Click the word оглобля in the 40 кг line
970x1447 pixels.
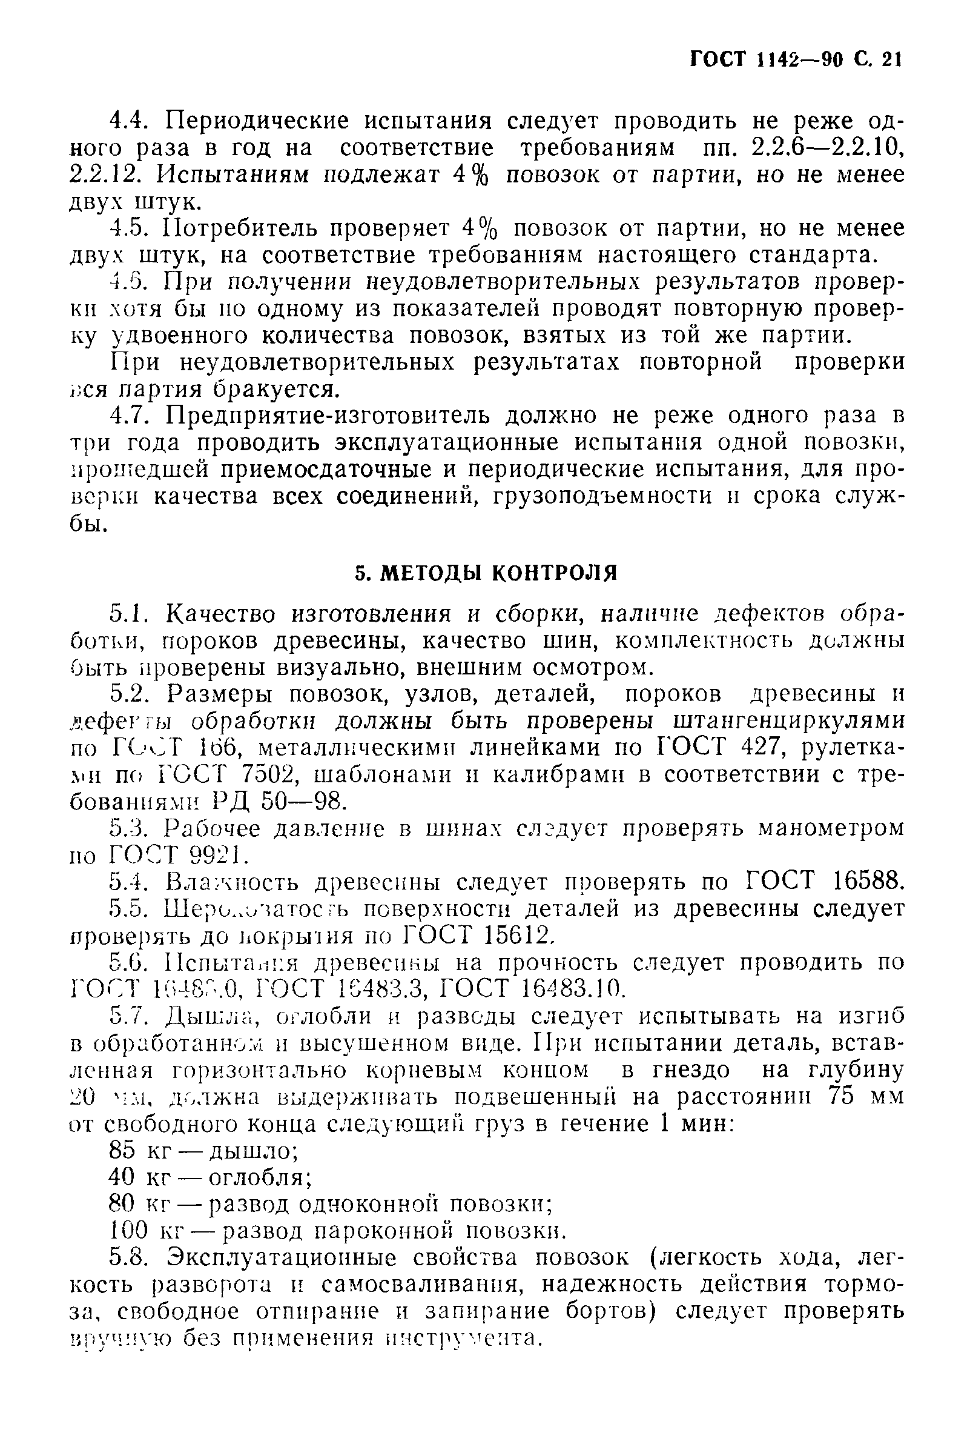(259, 1177)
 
